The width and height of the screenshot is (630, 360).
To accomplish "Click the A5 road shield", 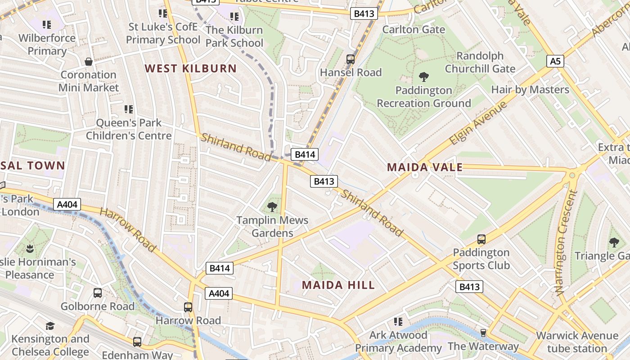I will (x=555, y=61).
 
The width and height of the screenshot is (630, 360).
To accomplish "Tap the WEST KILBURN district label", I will (x=190, y=68).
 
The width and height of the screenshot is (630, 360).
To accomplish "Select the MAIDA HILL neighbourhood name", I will (x=338, y=285).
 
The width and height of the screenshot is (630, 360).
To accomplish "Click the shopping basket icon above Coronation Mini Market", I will (x=89, y=61).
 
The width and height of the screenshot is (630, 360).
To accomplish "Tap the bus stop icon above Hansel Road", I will (x=350, y=59).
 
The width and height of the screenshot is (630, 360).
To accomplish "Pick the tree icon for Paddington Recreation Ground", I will (x=423, y=76).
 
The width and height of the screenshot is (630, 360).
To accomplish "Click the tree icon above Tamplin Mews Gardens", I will (x=272, y=207).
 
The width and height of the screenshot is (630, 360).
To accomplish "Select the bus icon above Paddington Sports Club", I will (x=481, y=239).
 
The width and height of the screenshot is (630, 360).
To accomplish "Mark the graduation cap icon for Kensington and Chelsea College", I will (x=50, y=325).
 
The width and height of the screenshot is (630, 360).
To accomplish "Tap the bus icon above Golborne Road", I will (x=98, y=293).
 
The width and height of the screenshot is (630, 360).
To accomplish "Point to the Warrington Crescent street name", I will (x=566, y=243).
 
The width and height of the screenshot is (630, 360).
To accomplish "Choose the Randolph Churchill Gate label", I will (x=480, y=63).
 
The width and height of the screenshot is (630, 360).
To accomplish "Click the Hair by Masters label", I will (x=530, y=90).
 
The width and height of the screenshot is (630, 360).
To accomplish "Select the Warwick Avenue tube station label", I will (x=577, y=342).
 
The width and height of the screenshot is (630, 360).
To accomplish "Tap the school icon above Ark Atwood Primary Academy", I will (x=398, y=322).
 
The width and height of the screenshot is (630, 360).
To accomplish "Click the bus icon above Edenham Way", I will (x=137, y=342).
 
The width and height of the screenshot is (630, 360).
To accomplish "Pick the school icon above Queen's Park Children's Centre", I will (x=129, y=109).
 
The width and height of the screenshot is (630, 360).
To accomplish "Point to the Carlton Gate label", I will (x=414, y=30).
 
